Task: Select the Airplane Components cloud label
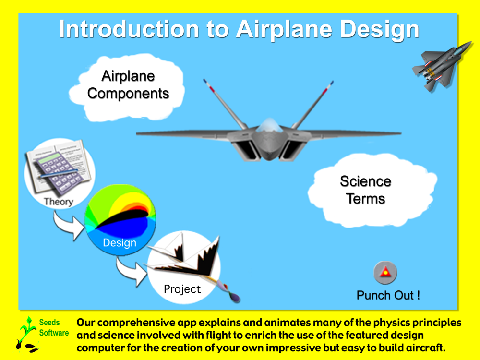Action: (x=128, y=85)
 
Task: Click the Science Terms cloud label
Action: (x=365, y=190)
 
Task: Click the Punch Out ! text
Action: (x=388, y=295)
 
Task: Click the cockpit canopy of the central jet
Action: (x=269, y=125)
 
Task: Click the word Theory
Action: (x=59, y=202)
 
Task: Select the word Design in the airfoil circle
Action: (x=120, y=243)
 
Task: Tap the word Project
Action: (x=182, y=289)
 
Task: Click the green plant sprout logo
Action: (x=27, y=334)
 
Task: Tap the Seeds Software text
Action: (x=54, y=327)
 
